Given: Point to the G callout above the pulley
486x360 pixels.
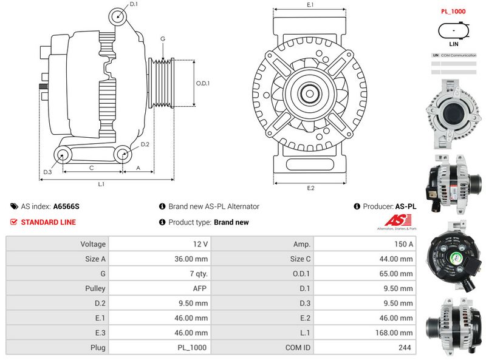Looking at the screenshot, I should click(163, 39).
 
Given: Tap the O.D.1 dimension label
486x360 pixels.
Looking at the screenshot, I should click(203, 84).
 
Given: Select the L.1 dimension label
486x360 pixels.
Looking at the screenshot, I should click(102, 184).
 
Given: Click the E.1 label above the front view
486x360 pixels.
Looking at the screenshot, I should click(310, 5).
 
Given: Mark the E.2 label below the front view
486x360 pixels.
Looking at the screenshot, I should click(310, 188).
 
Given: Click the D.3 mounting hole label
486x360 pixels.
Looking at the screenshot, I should click(47, 172).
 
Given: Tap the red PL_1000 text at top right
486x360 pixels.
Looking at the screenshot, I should click(453, 12).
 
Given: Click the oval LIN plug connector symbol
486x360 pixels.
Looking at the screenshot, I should click(453, 30).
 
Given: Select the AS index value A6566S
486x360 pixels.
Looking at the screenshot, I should click(66, 206).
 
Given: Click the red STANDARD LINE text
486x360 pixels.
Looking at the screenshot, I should click(49, 222).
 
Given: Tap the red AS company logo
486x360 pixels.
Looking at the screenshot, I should click(397, 222).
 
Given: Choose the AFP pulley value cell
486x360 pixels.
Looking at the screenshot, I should click(200, 288).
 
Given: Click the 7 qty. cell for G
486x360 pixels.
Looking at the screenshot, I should click(197, 274).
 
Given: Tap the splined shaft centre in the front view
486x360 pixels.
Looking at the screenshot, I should click(310, 94).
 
